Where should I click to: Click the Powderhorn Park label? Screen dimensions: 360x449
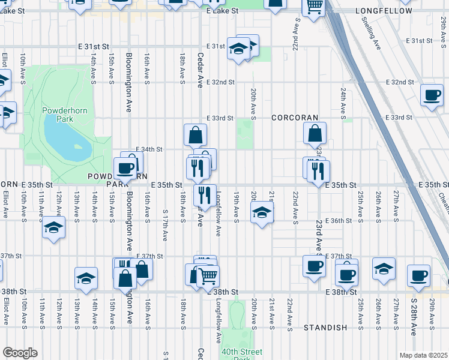[56, 115]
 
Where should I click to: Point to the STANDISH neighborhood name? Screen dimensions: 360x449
[325, 328]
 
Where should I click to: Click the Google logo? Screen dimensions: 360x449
[20, 353]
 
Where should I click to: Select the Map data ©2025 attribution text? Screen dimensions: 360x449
[423, 355]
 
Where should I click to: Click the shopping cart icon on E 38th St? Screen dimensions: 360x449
[208, 276]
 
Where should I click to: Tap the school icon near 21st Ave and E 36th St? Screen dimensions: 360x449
[262, 212]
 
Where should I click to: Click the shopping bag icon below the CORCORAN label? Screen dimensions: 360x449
[315, 134]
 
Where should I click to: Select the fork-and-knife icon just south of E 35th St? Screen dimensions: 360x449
[204, 195]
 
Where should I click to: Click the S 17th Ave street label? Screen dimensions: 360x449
[165, 223]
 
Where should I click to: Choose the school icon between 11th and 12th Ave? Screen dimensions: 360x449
[53, 228]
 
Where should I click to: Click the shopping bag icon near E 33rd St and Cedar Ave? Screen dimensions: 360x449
[196, 134]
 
